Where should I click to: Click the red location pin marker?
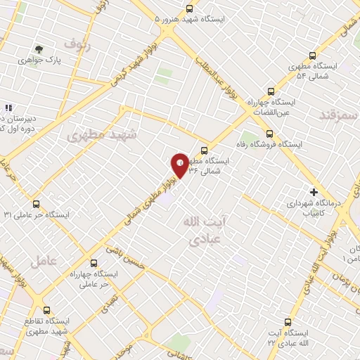pos(180,165)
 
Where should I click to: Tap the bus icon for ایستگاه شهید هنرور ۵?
pos(189,8)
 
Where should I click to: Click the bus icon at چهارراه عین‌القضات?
pos(271,91)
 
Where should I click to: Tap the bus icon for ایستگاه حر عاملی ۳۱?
pos(36,204)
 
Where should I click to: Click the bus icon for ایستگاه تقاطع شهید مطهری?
pos(47,310)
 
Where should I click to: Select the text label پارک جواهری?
pos(58,61)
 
